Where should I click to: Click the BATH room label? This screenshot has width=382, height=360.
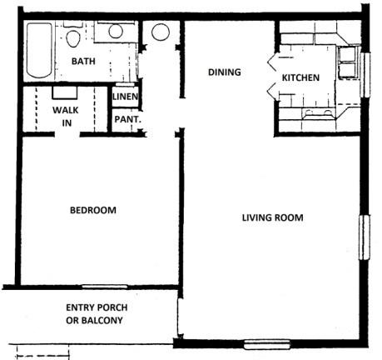(83, 61)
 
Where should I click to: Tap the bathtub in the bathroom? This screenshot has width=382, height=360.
(39, 51)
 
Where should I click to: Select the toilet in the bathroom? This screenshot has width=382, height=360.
(73, 36)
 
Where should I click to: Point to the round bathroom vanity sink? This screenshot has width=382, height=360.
(116, 31)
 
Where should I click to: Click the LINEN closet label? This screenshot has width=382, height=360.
(125, 97)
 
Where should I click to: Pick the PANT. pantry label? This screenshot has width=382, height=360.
(128, 119)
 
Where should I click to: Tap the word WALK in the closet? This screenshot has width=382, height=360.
(66, 110)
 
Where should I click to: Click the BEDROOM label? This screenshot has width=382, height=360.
(93, 210)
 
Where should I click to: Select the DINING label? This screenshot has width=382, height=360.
(225, 72)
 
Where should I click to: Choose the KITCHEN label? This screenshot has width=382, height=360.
(300, 77)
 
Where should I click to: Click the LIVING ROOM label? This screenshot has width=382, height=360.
(273, 217)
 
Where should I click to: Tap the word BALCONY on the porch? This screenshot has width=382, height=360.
(102, 320)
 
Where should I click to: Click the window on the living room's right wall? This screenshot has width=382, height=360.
(365, 237)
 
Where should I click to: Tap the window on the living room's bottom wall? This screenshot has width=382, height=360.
(267, 344)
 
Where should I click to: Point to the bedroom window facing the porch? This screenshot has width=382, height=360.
(105, 287)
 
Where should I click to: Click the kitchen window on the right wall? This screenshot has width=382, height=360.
(365, 75)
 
